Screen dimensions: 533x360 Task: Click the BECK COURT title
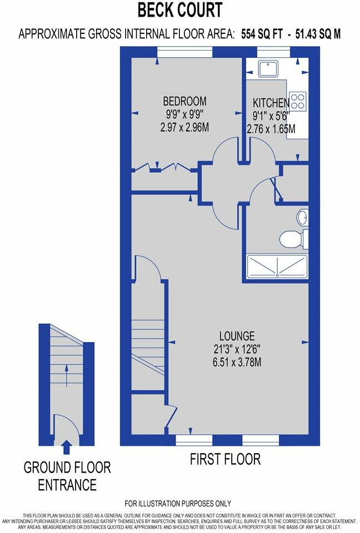pyautogui.click(x=179, y=10)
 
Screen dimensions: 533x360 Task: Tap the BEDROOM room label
pyautogui.click(x=184, y=102)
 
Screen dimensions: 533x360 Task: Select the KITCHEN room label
pyautogui.click(x=271, y=103)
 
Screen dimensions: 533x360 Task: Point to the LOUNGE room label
pyautogui.click(x=237, y=336)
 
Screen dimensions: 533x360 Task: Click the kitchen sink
pyautogui.click(x=270, y=68)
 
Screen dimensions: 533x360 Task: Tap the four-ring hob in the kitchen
pyautogui.click(x=298, y=100)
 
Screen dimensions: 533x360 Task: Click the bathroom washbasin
pyautogui.click(x=303, y=217)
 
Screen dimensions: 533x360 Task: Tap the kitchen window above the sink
pyautogui.click(x=273, y=52)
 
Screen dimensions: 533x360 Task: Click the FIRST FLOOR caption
pyautogui.click(x=225, y=460)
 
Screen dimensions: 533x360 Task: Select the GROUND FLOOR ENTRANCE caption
pyautogui.click(x=67, y=476)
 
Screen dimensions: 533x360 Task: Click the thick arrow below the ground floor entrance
pyautogui.click(x=67, y=446)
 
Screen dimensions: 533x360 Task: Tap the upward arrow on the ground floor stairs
pyautogui.click(x=66, y=375)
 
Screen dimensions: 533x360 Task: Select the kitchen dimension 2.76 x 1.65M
pyautogui.click(x=271, y=129)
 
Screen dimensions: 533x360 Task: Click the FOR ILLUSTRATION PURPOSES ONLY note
pyautogui.click(x=178, y=504)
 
